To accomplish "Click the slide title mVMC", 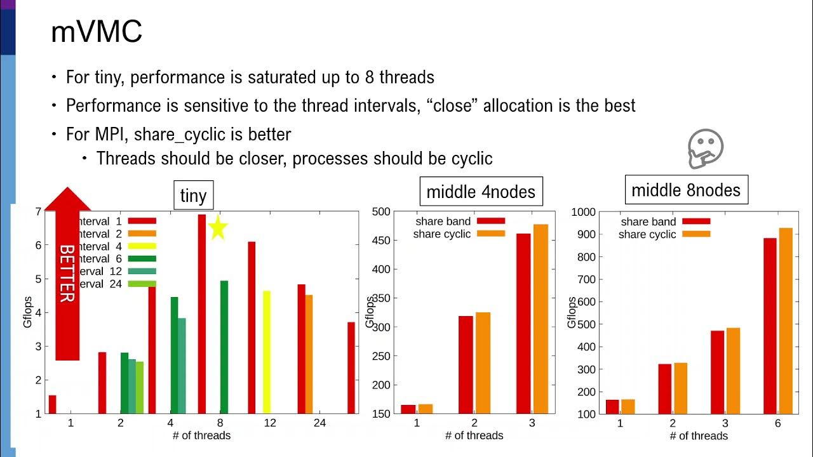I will pyautogui.click(x=96, y=32).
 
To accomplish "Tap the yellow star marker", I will pyautogui.click(x=217, y=228).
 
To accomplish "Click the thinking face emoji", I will pyautogui.click(x=706, y=149).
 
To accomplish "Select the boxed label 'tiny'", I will pyautogui.click(x=193, y=195).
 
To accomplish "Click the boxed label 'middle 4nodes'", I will pyautogui.click(x=481, y=191).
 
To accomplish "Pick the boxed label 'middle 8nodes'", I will pyautogui.click(x=686, y=190).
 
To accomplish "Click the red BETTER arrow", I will pyautogui.click(x=67, y=273).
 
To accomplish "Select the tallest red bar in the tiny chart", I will pyautogui.click(x=202, y=314).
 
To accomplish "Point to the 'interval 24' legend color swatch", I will pyautogui.click(x=142, y=284).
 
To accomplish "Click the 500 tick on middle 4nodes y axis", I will pyautogui.click(x=380, y=211).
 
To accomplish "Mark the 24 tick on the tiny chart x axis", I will pyautogui.click(x=319, y=423).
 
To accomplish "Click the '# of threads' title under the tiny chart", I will pyautogui.click(x=201, y=435).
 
